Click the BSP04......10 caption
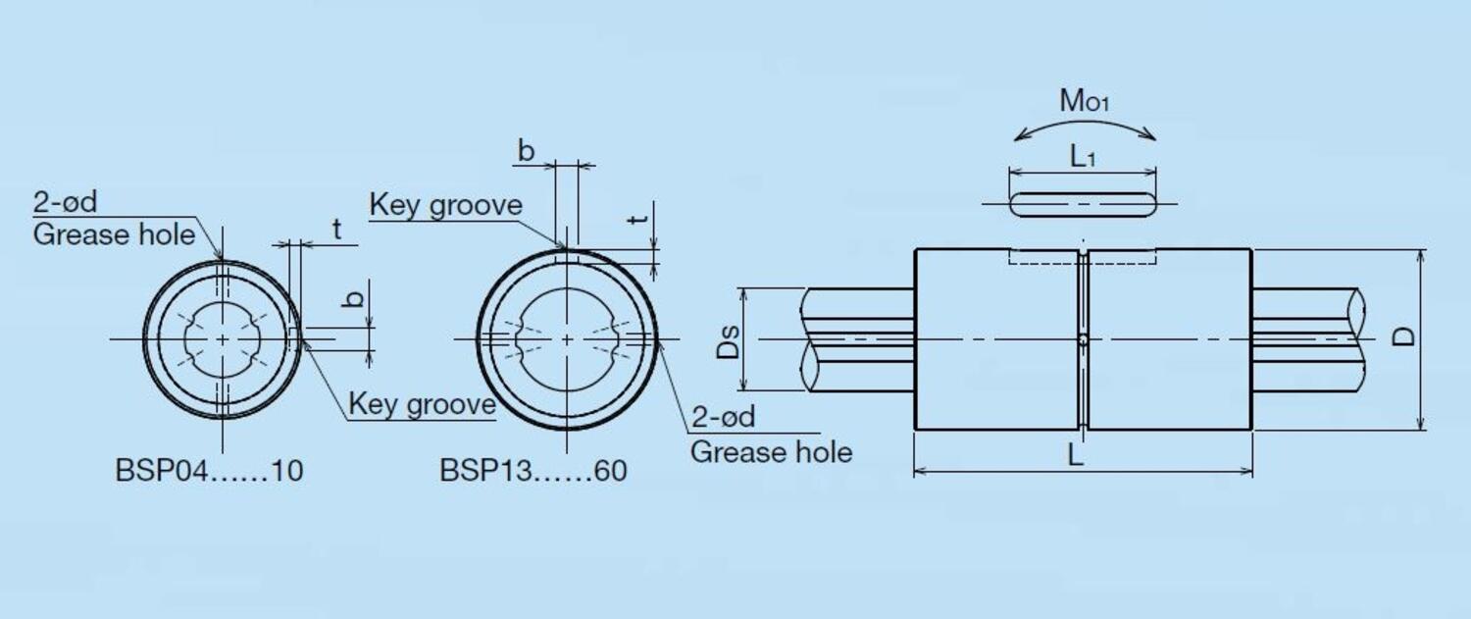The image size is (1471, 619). (209, 471)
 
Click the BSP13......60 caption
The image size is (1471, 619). (533, 471)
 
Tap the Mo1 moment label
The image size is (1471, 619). (1084, 100)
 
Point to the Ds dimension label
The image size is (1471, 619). (728, 339)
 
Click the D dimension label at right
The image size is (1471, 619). (1404, 336)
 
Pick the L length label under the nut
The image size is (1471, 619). (1076, 456)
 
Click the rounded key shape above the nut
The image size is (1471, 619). (1083, 204)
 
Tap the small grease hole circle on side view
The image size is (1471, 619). (1083, 340)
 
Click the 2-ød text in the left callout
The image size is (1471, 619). (66, 203)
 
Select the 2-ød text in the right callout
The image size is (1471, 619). (724, 417)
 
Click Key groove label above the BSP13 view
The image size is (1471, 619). (445, 205)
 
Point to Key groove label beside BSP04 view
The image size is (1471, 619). (423, 404)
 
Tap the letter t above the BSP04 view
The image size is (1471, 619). (336, 230)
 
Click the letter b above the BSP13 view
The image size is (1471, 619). (527, 151)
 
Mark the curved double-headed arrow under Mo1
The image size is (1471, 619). (1084, 126)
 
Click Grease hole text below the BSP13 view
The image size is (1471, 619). (771, 452)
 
